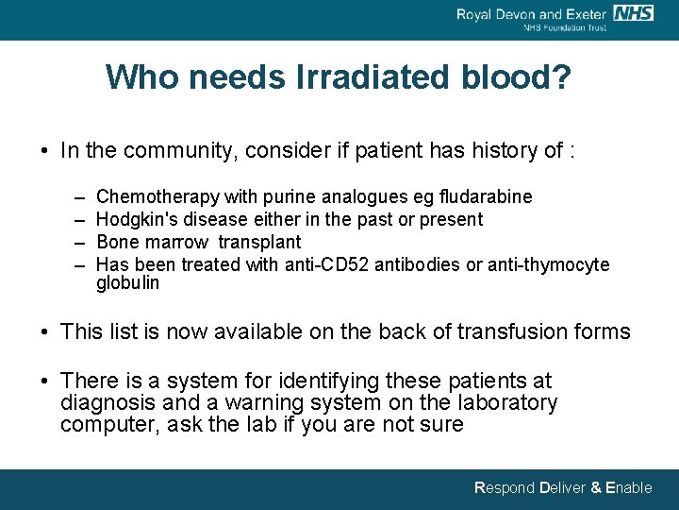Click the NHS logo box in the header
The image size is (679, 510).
(x=633, y=13)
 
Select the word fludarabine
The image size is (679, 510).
(x=485, y=196)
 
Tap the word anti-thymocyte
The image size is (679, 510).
(x=549, y=264)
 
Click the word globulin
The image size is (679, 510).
(x=127, y=282)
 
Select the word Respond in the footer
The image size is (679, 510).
(x=504, y=488)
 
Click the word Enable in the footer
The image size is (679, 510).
(x=628, y=488)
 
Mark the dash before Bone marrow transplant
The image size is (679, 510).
(x=76, y=242)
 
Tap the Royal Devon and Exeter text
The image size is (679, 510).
(x=532, y=13)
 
